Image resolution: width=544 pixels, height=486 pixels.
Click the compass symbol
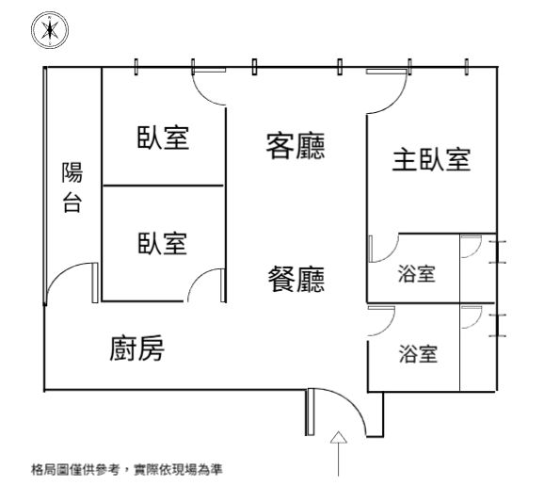coord(50,30)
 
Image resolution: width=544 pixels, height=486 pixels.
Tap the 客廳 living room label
coord(296,146)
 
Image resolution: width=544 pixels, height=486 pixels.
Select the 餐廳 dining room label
coord(296,279)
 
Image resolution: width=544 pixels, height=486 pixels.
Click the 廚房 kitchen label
coord(137,348)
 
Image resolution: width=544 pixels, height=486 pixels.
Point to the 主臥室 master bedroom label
coord(431,160)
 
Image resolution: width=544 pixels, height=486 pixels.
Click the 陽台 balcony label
coord(72,186)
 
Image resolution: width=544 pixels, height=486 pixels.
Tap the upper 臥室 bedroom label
coord(163,138)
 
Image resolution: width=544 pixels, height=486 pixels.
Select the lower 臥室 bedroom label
coord(163,243)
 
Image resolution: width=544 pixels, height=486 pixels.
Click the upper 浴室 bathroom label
coord(416,273)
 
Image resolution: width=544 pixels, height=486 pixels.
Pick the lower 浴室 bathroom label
coord(418,354)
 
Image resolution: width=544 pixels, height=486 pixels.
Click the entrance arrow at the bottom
coord(339,453)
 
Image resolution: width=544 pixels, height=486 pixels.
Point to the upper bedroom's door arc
coord(202,94)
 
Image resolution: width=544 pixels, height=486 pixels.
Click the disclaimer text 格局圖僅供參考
coord(75,470)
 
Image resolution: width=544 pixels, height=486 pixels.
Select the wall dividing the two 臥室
coord(163,186)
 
